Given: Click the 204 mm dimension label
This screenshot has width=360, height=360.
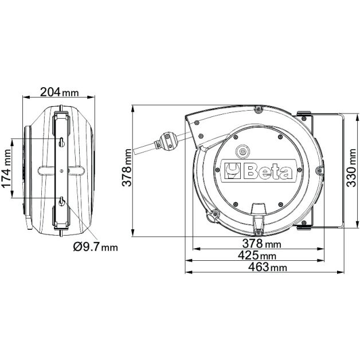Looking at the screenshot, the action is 60,92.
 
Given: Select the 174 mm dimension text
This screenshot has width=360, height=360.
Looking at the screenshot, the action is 6,169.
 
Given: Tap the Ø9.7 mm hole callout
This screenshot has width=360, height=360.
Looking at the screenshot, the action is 95,247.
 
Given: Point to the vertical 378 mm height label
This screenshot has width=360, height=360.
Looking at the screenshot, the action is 127,167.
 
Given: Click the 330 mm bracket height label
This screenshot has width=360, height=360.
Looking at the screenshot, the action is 351,168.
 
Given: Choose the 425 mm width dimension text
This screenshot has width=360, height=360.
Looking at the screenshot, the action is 257,255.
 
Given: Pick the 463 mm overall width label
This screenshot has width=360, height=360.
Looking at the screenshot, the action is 268,267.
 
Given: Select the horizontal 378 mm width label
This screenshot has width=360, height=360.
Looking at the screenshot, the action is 262,244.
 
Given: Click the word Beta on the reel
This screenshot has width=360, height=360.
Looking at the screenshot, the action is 269,171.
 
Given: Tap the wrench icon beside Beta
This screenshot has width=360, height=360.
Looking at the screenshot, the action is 232,171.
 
